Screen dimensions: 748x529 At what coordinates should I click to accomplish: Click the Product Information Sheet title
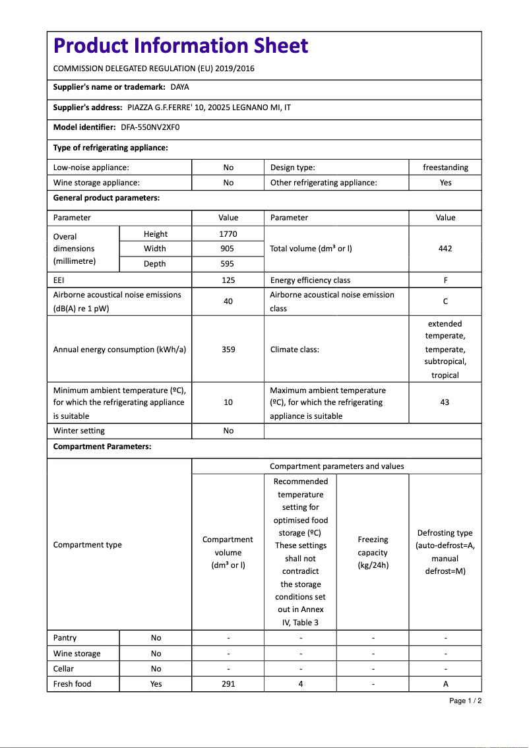181,46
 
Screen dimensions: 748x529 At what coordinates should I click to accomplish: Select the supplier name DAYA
179,87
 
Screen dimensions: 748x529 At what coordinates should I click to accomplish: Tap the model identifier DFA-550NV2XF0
150,127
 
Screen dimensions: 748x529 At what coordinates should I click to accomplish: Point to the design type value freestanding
445,168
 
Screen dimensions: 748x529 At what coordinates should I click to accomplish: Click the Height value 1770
228,234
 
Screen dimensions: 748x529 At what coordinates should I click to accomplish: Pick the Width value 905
228,249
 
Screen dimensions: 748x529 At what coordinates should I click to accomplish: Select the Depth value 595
228,264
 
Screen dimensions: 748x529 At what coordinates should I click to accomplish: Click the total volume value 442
445,249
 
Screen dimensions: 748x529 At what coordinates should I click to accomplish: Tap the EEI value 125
228,280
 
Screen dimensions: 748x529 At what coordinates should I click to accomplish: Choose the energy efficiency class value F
445,280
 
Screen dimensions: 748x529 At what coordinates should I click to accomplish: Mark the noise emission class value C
445,301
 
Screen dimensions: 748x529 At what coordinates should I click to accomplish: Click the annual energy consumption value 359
228,350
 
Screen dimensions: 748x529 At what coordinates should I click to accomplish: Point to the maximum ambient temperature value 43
445,402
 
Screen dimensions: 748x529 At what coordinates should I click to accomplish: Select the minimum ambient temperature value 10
228,402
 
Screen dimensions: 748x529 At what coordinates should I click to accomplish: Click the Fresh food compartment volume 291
228,684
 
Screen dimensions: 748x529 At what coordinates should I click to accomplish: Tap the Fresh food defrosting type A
445,684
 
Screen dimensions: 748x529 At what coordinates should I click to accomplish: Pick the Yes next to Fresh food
156,684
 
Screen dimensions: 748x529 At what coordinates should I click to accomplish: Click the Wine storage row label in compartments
77,654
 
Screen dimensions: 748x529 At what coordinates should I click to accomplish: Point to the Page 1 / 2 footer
465,701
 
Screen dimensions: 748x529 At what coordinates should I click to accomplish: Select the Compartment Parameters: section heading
102,447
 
